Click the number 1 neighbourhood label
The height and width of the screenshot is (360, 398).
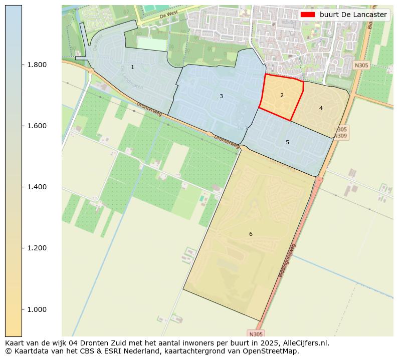[132, 67]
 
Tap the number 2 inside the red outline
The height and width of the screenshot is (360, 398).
[282, 95]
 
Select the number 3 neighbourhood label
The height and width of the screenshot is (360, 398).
[221, 96]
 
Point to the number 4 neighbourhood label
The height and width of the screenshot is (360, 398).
[321, 108]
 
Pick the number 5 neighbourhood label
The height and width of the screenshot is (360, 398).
[287, 142]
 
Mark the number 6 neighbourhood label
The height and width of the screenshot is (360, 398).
[251, 234]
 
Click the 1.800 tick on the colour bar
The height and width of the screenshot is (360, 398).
[37, 65]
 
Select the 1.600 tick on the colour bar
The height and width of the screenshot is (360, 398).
[37, 126]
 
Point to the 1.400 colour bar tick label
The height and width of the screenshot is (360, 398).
[37, 187]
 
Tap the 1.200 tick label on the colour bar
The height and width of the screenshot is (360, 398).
[37, 248]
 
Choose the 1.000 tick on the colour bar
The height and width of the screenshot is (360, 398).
[37, 309]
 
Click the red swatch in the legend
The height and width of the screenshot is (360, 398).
[307, 15]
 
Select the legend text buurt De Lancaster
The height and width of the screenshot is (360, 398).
[353, 15]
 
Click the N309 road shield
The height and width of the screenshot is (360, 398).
[340, 136]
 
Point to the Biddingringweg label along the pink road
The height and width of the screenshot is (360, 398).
[287, 260]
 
